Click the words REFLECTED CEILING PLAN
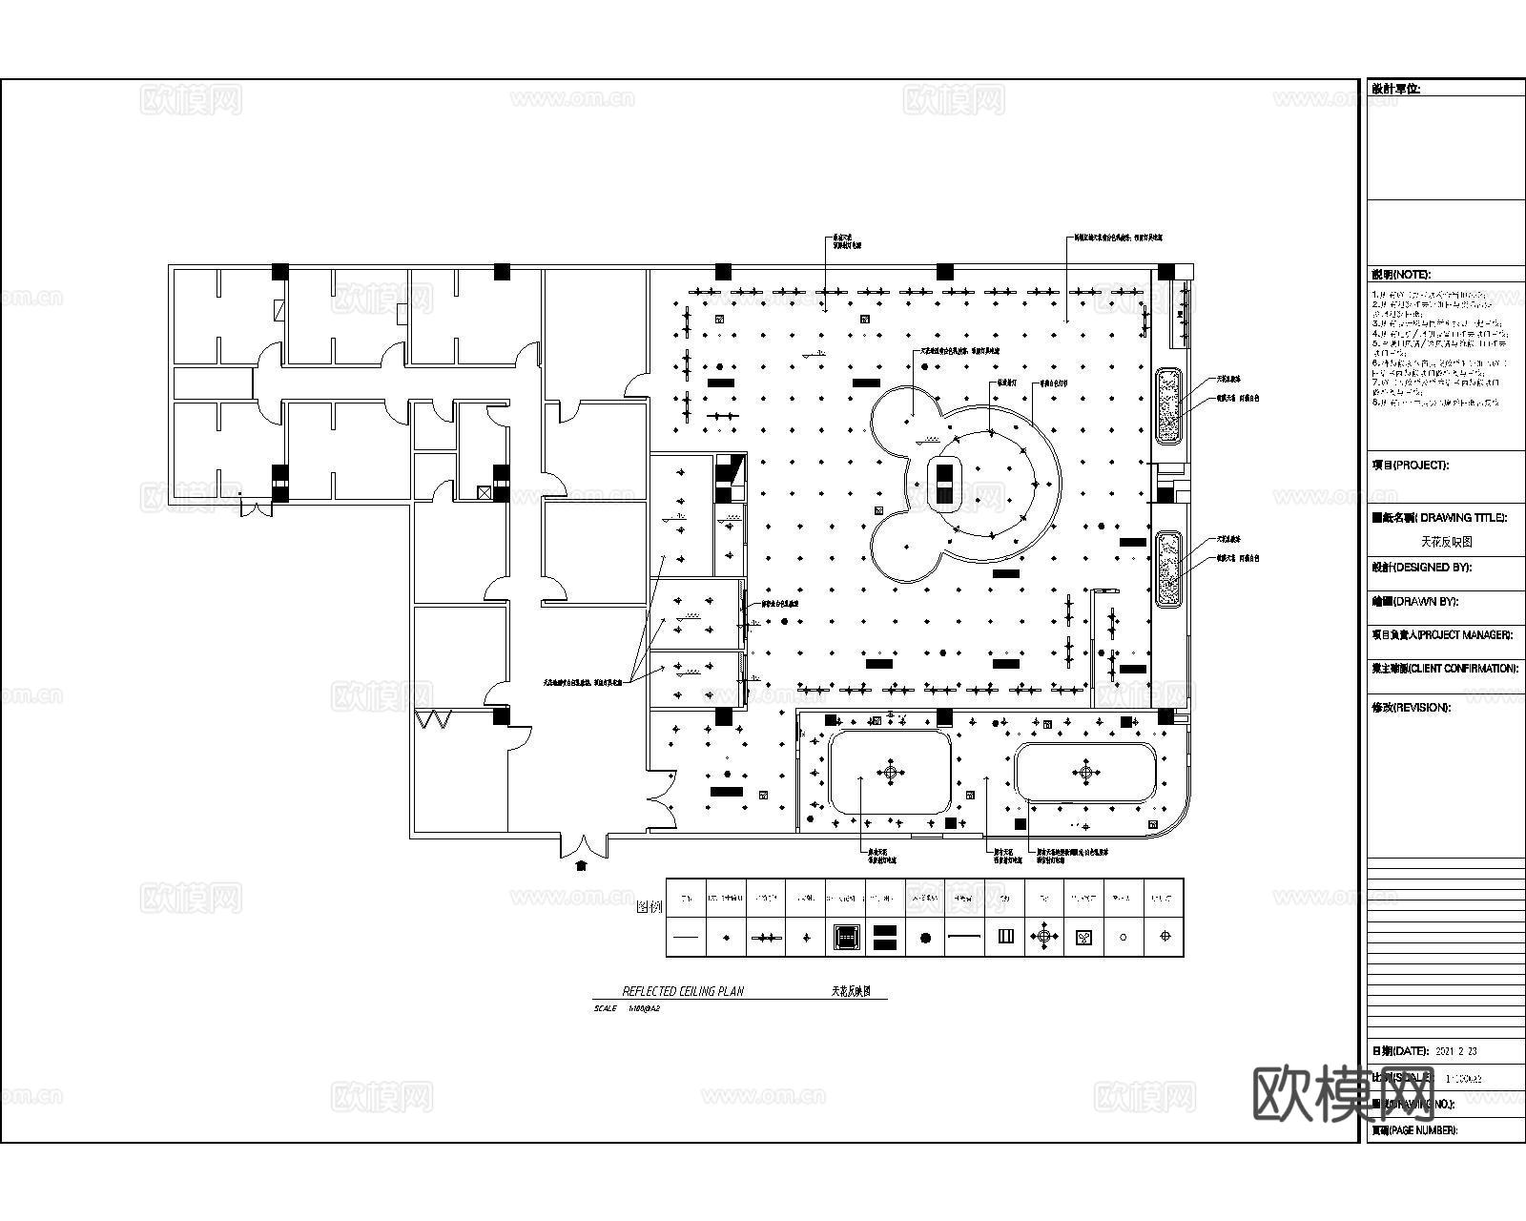pos(682,991)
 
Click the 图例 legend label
pos(649,907)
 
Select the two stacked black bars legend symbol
pos(885,937)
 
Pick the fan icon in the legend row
pos(1083,937)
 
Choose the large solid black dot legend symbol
pos(925,938)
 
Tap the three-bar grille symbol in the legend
pos(1005,937)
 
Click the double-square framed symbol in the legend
pos(845,937)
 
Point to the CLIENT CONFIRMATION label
pos(1444,669)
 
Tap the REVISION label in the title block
pos(1411,708)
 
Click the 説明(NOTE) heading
pos(1400,275)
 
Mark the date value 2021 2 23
pos(1455,1051)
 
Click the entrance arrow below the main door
pos(581,865)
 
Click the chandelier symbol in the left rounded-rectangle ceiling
pos(891,773)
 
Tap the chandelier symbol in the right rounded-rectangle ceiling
pos(1085,772)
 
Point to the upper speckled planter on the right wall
pos(1167,405)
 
